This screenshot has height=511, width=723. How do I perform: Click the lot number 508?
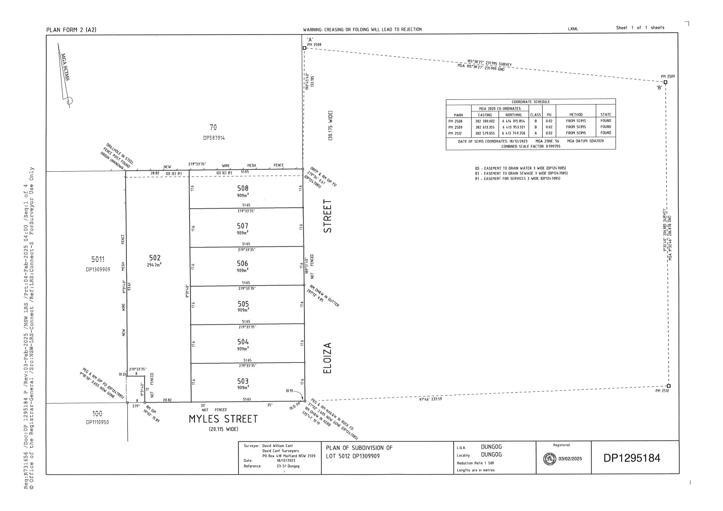coord(243,188)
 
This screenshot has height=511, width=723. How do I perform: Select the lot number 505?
coord(243,304)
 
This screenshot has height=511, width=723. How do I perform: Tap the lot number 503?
coord(243,381)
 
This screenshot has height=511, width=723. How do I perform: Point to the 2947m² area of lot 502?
coord(154,265)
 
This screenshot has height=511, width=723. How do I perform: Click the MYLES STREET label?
coord(223,419)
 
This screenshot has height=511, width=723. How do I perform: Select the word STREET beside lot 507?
coord(327,216)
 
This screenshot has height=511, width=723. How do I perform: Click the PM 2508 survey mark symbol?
coord(304,48)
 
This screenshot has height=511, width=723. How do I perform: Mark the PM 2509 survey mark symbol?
coord(665,82)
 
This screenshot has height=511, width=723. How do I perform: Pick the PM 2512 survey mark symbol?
coord(669,386)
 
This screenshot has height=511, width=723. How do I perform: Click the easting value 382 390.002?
coord(485,121)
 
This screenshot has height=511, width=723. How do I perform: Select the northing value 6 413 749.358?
coord(514,133)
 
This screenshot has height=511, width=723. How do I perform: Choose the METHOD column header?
coord(576,115)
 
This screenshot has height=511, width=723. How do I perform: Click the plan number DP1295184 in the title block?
coord(632,458)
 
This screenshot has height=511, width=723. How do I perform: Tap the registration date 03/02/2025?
coord(571,458)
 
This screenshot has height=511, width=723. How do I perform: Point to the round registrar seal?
coord(550,458)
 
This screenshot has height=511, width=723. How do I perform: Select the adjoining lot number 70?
coord(214,127)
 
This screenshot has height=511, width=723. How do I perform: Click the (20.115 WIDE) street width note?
coord(223,429)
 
